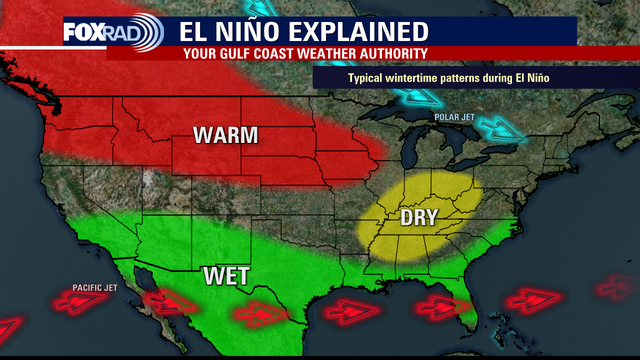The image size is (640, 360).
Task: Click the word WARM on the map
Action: (x=225, y=135)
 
